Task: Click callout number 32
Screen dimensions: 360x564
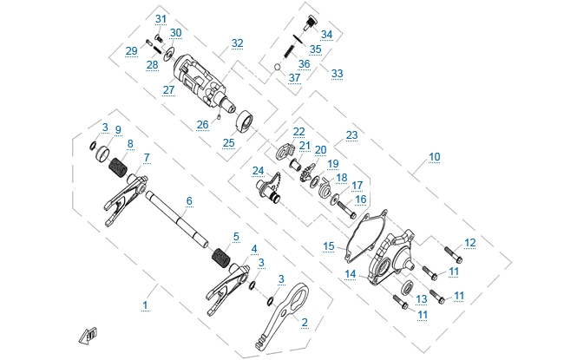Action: click(237, 43)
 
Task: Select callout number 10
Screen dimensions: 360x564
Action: click(434, 157)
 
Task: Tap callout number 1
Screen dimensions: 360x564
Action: click(145, 305)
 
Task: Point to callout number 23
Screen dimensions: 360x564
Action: click(351, 135)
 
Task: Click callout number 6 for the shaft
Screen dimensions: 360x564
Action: click(188, 201)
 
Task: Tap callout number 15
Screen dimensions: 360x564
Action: click(328, 246)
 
